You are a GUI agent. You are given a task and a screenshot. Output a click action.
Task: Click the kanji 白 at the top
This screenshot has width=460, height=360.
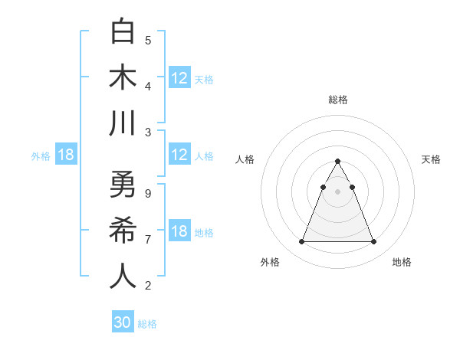pos(123,31)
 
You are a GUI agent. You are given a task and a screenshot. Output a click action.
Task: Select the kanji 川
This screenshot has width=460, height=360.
pos(123,123)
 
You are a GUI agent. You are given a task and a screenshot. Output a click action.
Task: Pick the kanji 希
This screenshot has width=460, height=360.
pos(123,231)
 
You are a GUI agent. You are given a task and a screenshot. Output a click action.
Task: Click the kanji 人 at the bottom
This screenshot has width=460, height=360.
pos(123,277)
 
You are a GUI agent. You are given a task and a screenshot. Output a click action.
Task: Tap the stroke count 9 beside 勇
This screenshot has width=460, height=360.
pos(148,193)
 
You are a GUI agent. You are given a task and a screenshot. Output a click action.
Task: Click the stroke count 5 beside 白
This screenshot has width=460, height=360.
pos(148,40)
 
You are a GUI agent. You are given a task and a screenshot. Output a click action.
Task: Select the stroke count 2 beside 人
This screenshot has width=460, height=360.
pos(148,285)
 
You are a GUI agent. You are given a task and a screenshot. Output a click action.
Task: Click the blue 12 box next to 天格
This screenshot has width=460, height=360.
pos(179,78)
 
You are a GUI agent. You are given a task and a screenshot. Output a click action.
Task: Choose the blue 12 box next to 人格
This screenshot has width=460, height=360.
pos(179,155)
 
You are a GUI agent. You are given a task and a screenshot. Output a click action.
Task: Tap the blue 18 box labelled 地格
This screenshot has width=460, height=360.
pos(179,231)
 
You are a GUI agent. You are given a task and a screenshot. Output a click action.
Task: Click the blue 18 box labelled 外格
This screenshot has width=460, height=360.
pos(66,155)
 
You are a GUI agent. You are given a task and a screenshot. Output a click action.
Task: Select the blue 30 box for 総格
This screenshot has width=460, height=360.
pos(123,322)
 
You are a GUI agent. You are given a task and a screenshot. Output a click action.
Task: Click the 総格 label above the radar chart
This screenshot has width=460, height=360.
pos(337,100)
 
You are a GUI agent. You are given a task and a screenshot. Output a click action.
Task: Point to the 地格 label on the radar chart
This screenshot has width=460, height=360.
pos(402,262)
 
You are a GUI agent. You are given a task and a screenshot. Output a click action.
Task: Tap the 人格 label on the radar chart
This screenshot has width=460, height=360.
pos(245,159)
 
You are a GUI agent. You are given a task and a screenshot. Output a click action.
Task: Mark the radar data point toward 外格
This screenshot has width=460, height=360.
pos(301,242)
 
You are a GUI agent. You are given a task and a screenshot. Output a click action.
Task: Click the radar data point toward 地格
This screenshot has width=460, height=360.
pos(373,242)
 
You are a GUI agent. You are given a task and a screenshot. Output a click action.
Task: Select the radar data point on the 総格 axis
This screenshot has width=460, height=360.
pos(337,162)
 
